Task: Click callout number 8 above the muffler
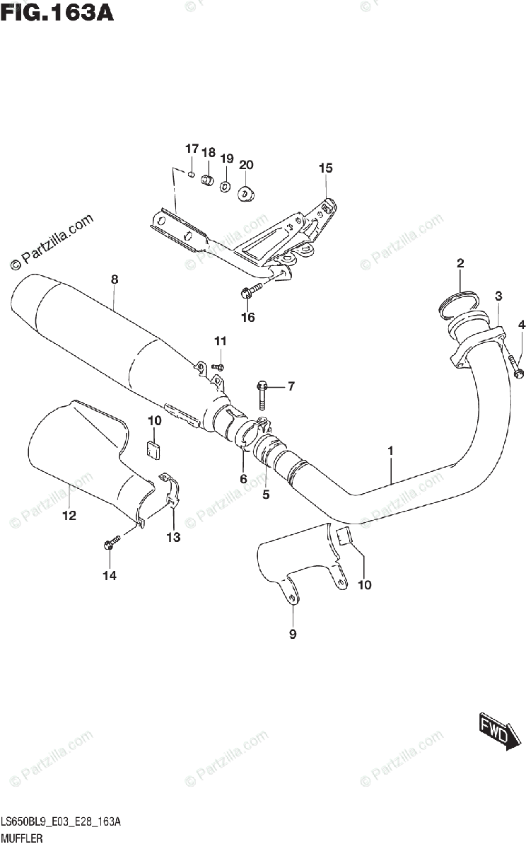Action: click(114, 279)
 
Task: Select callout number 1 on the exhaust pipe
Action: click(390, 450)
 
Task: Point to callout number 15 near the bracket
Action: click(325, 168)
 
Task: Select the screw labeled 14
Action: click(111, 544)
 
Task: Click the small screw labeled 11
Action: click(218, 366)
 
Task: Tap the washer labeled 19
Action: click(224, 186)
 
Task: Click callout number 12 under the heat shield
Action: click(69, 516)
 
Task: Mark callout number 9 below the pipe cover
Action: click(293, 634)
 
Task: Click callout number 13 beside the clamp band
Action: click(173, 538)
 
